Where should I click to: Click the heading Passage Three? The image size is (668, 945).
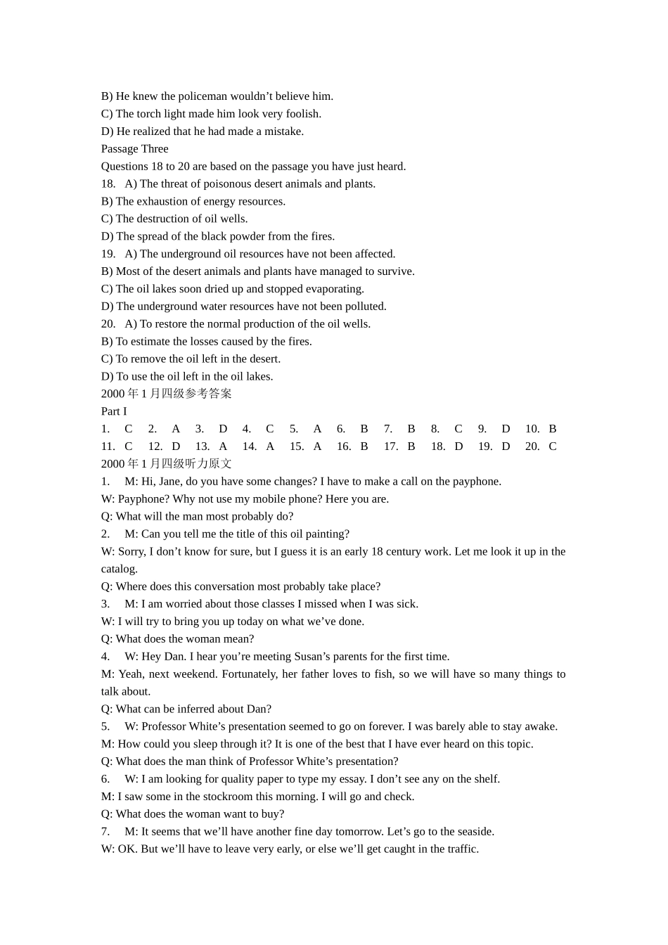(134, 149)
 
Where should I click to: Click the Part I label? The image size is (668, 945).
(114, 411)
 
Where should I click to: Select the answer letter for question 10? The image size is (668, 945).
(553, 429)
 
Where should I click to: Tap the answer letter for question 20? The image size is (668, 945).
(553, 446)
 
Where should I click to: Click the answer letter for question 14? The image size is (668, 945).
(270, 446)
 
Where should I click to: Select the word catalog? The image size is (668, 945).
(119, 569)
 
